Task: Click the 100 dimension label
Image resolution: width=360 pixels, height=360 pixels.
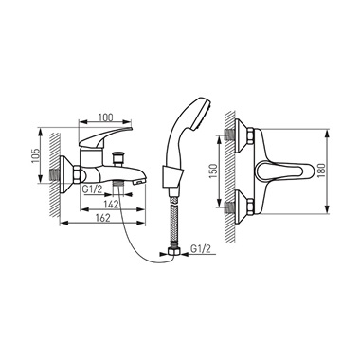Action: click(105, 117)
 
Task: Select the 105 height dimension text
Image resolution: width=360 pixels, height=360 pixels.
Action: click(36, 155)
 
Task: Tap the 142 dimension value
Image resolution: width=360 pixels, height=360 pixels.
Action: click(111, 205)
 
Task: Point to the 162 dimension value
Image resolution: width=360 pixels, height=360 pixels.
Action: click(103, 218)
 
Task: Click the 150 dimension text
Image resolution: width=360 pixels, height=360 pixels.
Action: click(214, 171)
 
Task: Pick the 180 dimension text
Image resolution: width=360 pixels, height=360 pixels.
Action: click(320, 171)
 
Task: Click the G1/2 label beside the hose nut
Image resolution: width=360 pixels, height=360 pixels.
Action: click(201, 249)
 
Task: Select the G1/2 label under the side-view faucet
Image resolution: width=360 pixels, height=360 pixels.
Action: click(92, 189)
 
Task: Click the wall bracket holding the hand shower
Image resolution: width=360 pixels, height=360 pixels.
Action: click(171, 176)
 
